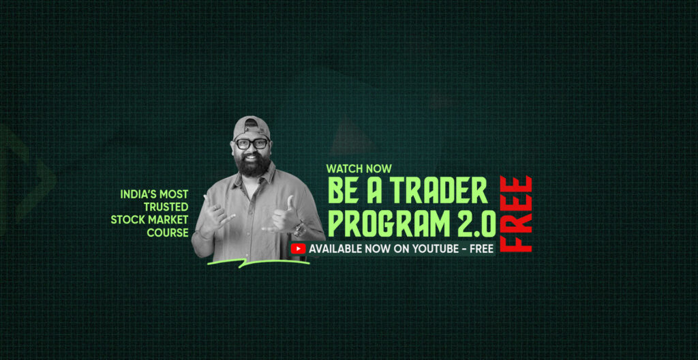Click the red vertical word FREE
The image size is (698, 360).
point(516,214)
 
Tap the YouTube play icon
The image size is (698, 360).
point(299,249)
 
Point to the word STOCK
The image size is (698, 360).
point(127,220)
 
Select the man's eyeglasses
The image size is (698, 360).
point(252,144)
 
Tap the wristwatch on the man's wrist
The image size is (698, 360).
point(299,230)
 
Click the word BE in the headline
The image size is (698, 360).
point(343,190)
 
